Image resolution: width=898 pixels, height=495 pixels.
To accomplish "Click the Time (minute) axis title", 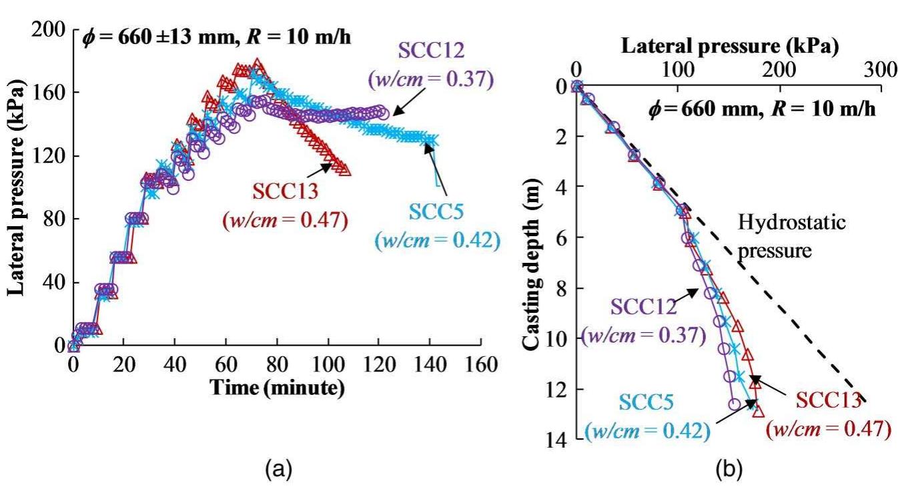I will point(277,388).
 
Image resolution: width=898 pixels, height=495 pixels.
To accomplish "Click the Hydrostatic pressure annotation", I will point(791,237).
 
